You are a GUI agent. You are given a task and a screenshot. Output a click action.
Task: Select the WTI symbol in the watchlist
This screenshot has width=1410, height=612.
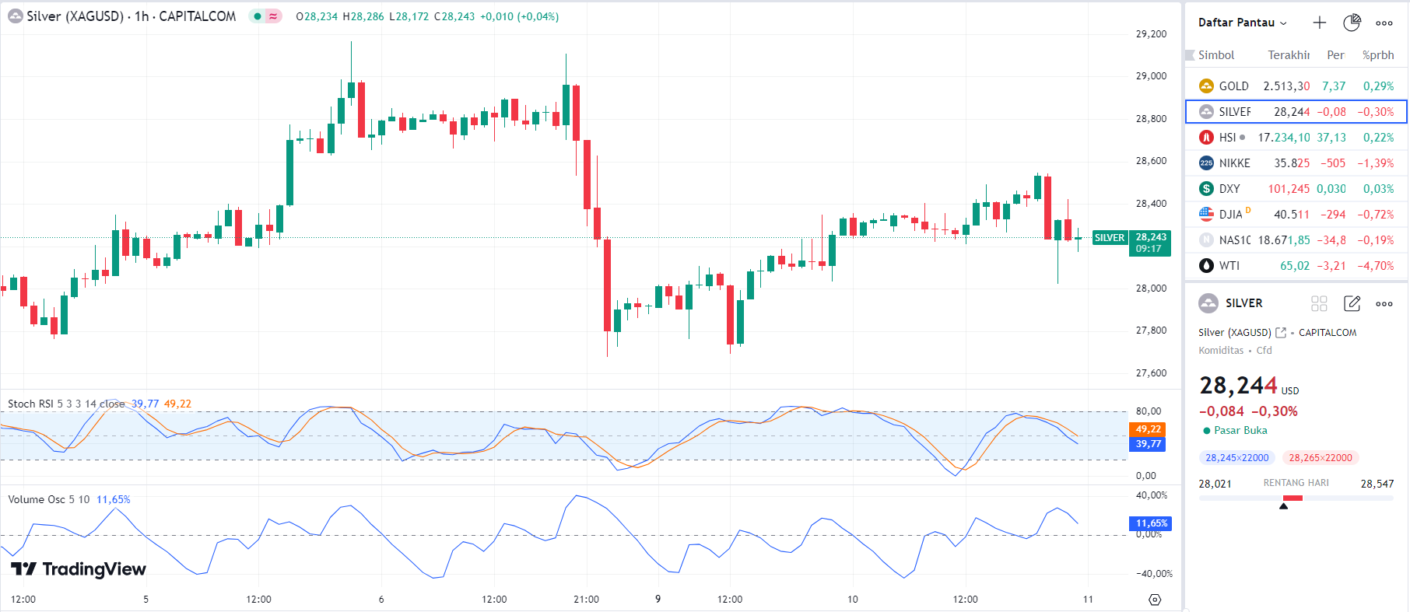coord(1229,266)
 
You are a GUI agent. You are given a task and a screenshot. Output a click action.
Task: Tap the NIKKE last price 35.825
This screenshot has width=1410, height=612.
coord(1292,163)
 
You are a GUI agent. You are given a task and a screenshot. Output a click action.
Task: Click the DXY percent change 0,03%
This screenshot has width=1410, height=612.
coord(1378,189)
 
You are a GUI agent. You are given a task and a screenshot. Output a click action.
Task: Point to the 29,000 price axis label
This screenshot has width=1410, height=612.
coord(1151,76)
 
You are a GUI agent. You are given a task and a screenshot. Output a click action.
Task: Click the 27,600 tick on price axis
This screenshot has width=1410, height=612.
coord(1151,373)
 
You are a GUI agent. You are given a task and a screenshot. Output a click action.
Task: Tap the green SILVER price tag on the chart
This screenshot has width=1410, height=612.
coord(1110,238)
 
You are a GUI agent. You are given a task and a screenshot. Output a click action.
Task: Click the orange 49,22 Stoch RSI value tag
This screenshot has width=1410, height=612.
coord(1148,429)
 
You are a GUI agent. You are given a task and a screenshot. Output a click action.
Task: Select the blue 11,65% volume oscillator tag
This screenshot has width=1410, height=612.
coord(1151,523)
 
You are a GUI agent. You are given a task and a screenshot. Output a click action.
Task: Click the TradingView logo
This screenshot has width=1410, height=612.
coord(79,569)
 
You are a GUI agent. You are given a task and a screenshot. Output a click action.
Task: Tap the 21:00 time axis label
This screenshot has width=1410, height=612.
coord(586,600)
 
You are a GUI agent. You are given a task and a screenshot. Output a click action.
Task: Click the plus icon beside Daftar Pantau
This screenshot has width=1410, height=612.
coord(1320,23)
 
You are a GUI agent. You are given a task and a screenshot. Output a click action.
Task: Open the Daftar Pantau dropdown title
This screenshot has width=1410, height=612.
coord(1242,23)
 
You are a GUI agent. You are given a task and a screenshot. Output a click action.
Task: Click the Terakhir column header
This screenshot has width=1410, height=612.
coord(1289,55)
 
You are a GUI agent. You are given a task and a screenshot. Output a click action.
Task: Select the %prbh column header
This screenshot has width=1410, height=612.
coord(1378,55)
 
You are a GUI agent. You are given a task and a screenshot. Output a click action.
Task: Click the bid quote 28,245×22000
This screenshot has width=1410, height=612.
coord(1236,458)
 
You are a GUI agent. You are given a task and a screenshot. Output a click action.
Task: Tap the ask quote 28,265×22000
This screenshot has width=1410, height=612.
coord(1321,458)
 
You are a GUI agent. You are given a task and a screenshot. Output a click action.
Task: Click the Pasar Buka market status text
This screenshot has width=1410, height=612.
coord(1240,430)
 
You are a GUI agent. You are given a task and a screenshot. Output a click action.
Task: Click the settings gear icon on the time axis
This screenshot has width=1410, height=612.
coord(1155,600)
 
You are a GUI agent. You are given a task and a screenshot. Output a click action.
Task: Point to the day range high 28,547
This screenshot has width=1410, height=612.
coord(1377,484)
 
